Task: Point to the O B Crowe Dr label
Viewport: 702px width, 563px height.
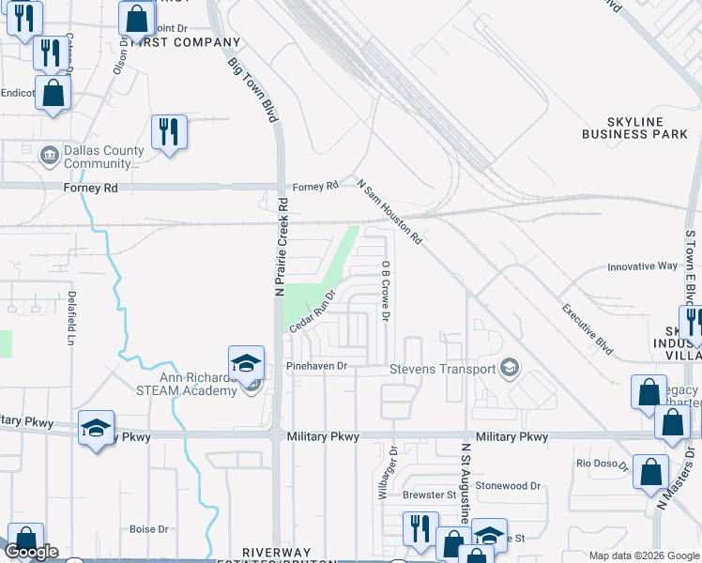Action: tap(385, 291)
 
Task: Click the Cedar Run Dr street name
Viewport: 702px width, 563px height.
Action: tap(313, 311)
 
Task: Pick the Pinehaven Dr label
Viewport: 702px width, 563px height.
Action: tap(316, 366)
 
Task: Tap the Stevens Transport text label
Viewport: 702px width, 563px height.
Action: tap(442, 369)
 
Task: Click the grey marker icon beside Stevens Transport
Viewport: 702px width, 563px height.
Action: tap(510, 367)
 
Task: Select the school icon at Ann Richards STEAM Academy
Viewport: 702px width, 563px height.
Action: tap(246, 363)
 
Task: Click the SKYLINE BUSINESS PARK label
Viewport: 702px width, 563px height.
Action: tap(634, 129)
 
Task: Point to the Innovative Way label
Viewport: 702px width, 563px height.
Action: tap(642, 266)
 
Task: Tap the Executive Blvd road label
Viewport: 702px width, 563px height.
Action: tap(588, 328)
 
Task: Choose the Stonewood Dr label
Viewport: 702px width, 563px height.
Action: tap(508, 486)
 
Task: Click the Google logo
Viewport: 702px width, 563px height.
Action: tap(32, 552)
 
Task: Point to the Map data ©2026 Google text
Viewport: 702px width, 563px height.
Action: tap(644, 555)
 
